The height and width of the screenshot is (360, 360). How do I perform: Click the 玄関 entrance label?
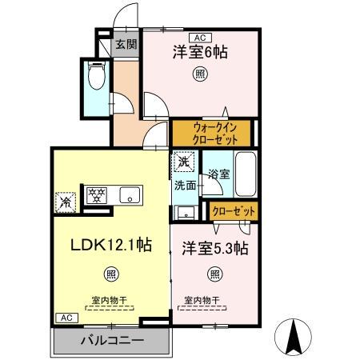[123, 46]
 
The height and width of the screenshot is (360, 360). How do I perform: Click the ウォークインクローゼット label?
[211, 132]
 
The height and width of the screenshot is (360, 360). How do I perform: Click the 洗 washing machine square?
[185, 161]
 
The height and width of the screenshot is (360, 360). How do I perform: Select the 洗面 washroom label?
[186, 186]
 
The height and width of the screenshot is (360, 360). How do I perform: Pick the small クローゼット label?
[234, 210]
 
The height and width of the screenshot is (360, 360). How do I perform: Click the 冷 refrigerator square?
[63, 202]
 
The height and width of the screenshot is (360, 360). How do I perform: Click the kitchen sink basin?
[130, 194]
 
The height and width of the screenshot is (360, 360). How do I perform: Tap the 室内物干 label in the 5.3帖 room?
[200, 300]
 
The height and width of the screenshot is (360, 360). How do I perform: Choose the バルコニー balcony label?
[111, 342]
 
